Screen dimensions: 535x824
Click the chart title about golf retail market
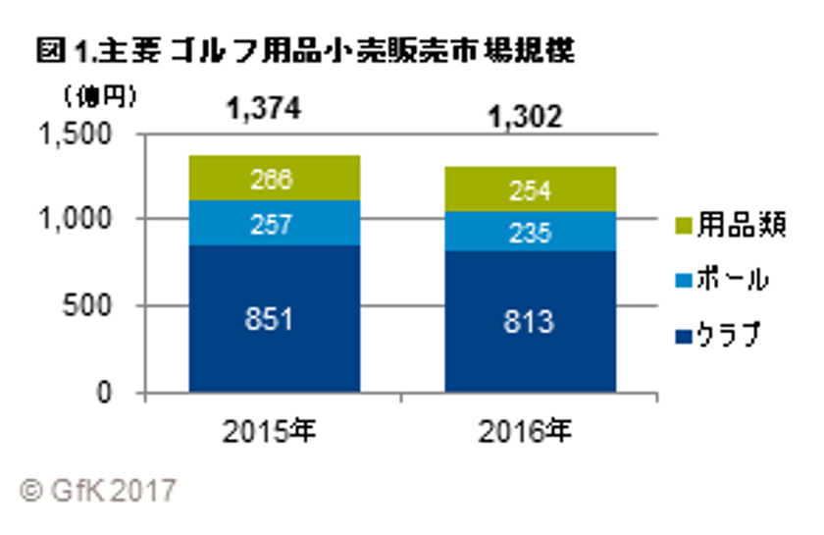point(303,51)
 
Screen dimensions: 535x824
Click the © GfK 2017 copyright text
point(98,488)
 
